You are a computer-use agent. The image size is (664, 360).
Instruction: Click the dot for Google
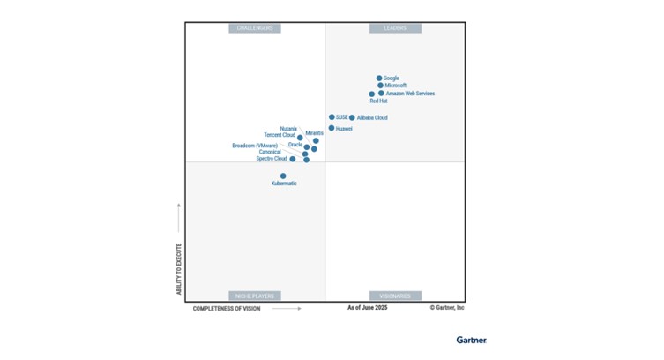(x=379, y=79)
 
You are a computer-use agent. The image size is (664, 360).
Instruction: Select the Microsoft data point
(x=381, y=86)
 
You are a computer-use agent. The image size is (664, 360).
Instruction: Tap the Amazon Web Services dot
(x=381, y=93)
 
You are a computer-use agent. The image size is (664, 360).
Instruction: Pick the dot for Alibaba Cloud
(x=352, y=117)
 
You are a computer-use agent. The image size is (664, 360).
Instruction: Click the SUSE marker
(x=332, y=117)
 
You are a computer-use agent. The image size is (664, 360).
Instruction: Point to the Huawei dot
(x=332, y=128)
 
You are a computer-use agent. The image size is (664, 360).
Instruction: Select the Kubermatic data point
(x=283, y=176)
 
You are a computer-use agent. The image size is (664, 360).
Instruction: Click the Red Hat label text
(x=378, y=101)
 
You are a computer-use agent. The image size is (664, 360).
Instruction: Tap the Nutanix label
(x=288, y=129)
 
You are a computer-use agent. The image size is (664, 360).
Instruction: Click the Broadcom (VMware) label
(x=255, y=146)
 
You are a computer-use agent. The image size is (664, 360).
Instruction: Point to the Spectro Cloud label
(x=272, y=159)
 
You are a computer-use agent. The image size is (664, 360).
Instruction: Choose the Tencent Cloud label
(x=280, y=135)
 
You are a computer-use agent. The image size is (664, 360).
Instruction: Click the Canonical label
(x=270, y=152)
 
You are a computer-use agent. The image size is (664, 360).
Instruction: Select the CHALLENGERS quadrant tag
(x=255, y=28)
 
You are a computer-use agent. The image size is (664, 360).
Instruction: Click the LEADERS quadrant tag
(x=395, y=28)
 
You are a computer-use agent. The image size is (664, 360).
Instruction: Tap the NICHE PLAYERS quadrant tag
(x=255, y=296)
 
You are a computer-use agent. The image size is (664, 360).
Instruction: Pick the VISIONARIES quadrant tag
(x=395, y=296)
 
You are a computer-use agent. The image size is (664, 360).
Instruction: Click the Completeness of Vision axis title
(x=227, y=309)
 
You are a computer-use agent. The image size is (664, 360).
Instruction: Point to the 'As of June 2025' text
(x=367, y=308)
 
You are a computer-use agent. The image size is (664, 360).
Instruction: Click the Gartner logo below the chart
(x=471, y=340)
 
